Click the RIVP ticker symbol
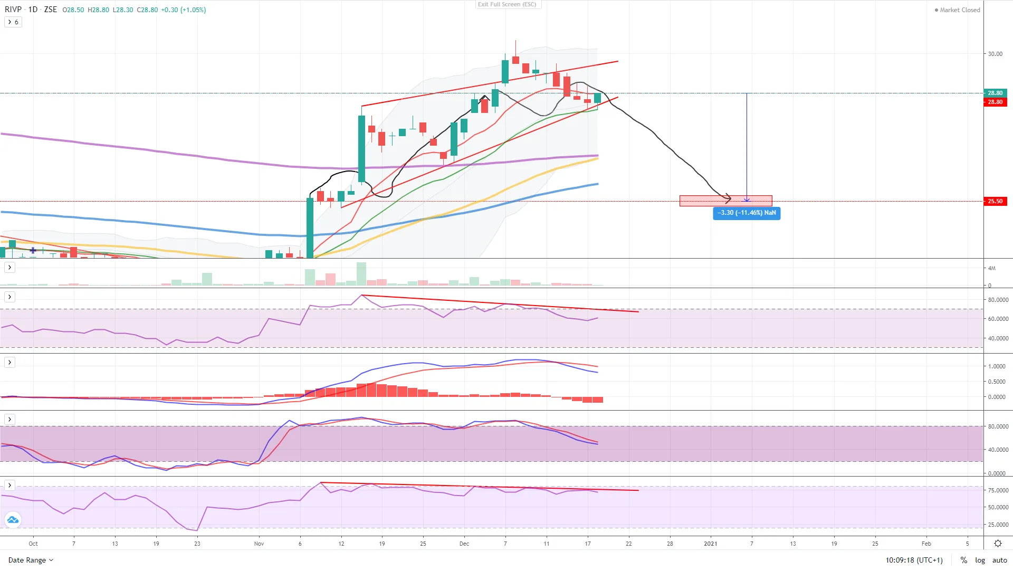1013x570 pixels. click(13, 9)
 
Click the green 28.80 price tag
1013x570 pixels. click(995, 93)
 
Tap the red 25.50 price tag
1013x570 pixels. click(995, 201)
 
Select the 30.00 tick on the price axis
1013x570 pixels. click(995, 54)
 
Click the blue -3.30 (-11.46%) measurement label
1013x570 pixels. click(746, 213)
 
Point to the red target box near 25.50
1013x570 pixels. click(725, 201)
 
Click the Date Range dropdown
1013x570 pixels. click(31, 560)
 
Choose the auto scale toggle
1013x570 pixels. click(999, 560)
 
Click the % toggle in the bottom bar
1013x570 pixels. click(963, 560)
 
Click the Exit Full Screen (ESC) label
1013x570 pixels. click(507, 4)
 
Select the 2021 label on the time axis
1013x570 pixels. click(710, 544)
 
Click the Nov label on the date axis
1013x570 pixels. click(259, 544)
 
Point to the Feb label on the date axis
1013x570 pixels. click(926, 544)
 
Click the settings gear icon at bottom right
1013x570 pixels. click(998, 544)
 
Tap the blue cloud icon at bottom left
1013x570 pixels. click(13, 520)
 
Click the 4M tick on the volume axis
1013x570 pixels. click(992, 268)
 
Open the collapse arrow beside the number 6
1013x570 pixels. click(9, 22)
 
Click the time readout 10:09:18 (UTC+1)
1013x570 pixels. click(914, 560)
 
